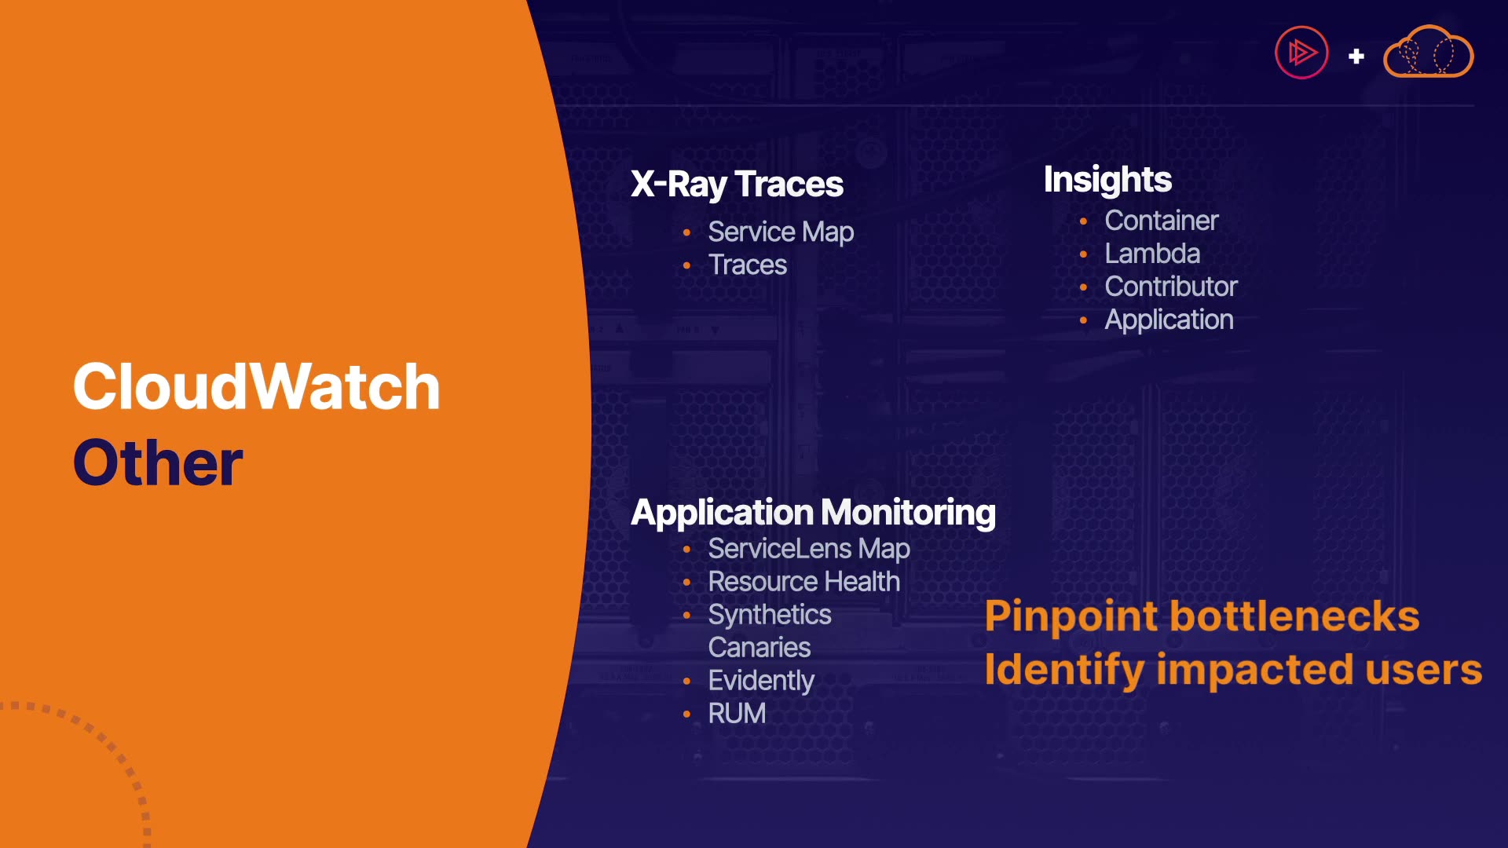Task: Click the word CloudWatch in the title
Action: [x=256, y=386]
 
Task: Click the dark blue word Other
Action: [x=158, y=462]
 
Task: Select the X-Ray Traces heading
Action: [x=737, y=185]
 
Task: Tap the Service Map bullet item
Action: [x=781, y=232]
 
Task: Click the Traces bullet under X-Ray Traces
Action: [x=747, y=265]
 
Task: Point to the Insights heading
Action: [x=1107, y=180]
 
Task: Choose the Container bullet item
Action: [x=1162, y=221]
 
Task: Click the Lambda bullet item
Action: [x=1152, y=254]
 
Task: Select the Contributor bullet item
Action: [x=1171, y=287]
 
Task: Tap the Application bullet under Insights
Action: [x=1169, y=320]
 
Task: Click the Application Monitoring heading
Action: [x=813, y=514]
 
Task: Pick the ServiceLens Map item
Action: [x=809, y=549]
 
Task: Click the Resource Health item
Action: [x=803, y=582]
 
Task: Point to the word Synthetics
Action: [x=769, y=615]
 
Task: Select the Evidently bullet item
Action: [x=760, y=681]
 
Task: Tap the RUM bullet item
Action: [x=736, y=714]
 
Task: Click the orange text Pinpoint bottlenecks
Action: [x=1202, y=616]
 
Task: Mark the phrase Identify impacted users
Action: [x=1233, y=670]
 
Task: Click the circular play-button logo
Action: [x=1301, y=53]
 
